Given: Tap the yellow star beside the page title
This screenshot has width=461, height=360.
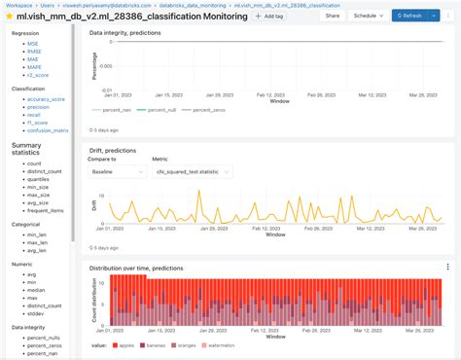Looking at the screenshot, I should point(8,18).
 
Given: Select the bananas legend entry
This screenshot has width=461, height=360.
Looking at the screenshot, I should point(156,344).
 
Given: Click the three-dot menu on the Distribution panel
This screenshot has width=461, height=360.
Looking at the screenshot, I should point(447,267).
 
